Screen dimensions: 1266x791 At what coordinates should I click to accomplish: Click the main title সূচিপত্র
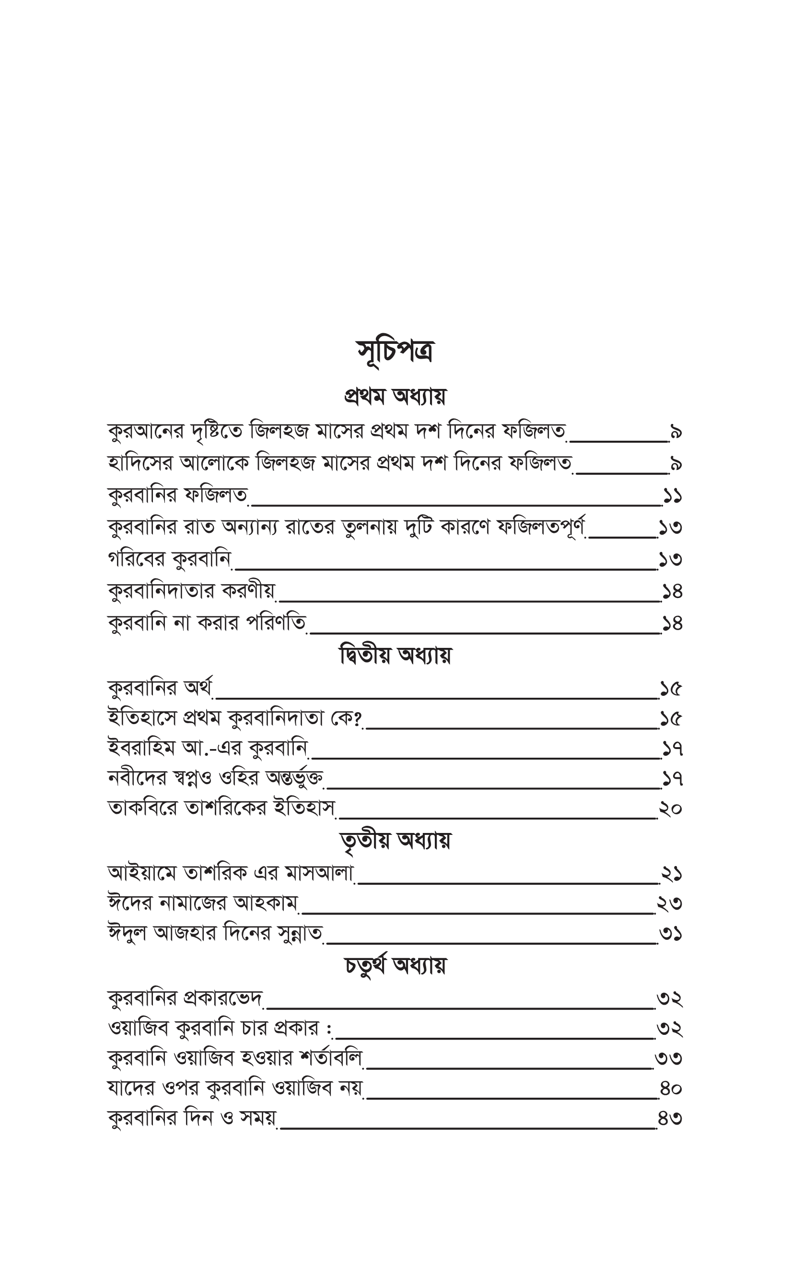(x=395, y=352)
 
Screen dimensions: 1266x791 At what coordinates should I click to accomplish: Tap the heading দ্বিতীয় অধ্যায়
(x=395, y=656)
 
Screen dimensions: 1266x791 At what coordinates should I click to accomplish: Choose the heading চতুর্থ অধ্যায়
(x=395, y=966)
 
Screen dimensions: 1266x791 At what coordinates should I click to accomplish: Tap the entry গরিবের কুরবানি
(x=170, y=560)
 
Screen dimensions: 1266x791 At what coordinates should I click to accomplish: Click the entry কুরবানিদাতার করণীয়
(x=191, y=592)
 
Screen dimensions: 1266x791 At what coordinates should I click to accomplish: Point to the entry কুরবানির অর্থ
(x=160, y=689)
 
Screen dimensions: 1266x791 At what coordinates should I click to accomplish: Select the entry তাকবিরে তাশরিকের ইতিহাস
(x=221, y=808)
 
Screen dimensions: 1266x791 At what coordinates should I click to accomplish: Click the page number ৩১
(x=671, y=934)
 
